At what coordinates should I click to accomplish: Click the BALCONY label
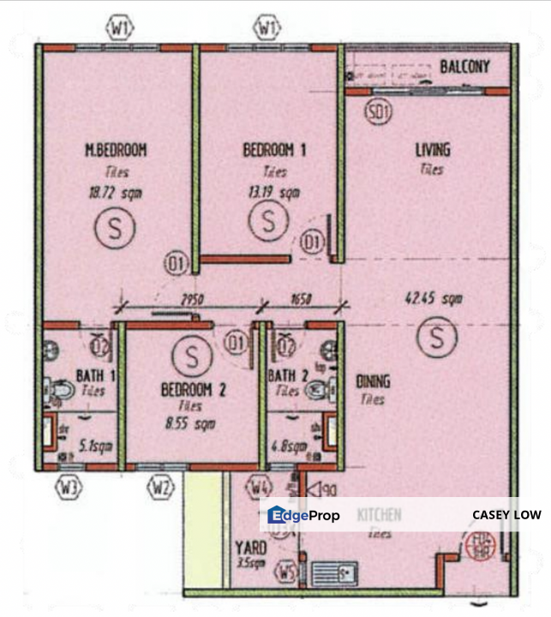coord(464,66)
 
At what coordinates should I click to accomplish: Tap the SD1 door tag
coord(377,111)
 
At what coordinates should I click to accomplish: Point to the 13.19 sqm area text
coord(270,193)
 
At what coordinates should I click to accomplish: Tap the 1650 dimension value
coord(301,299)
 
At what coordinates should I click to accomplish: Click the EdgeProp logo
coord(303,515)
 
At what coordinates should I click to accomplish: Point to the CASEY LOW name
coord(505,515)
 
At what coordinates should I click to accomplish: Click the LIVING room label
coord(432,151)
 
